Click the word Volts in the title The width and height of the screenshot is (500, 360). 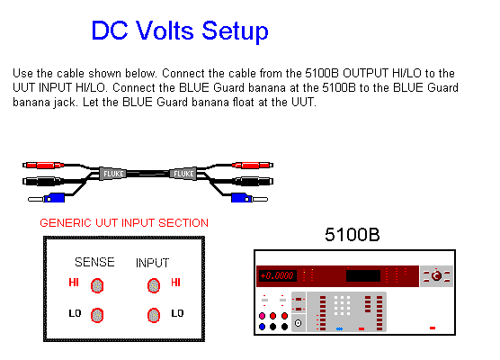click(165, 31)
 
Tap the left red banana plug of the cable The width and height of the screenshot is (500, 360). click(43, 166)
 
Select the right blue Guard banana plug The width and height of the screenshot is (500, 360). click(249, 198)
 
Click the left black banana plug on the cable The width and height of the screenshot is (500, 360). click(42, 181)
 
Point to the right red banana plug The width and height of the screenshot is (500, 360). click(253, 165)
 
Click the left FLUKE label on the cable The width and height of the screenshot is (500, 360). click(113, 174)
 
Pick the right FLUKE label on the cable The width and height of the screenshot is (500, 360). click(183, 174)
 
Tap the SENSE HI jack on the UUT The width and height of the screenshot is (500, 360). click(97, 285)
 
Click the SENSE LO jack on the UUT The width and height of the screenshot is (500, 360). click(97, 315)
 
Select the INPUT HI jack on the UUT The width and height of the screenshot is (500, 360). click(154, 285)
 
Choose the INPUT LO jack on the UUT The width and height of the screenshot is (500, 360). click(154, 315)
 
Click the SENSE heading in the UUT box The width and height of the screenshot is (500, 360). click(94, 262)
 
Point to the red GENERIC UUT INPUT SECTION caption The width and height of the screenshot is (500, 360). click(124, 223)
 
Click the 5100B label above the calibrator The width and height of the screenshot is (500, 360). click(353, 235)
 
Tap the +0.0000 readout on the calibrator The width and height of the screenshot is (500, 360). click(277, 275)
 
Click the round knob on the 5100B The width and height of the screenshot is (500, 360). click(436, 275)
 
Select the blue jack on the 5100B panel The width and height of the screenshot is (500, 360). click(262, 327)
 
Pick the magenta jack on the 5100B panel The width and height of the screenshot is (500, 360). click(262, 316)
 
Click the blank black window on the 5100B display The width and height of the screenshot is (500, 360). click(363, 275)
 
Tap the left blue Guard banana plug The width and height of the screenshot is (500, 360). click(47, 198)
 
